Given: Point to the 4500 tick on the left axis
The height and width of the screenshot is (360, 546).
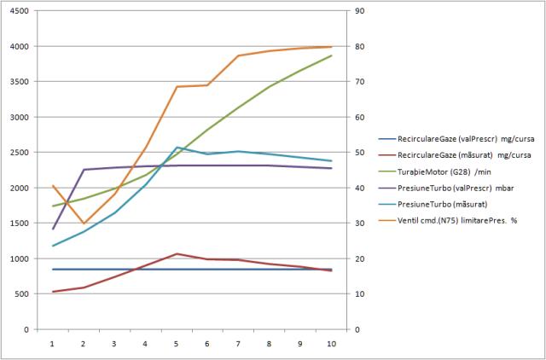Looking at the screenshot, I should tap(18, 11).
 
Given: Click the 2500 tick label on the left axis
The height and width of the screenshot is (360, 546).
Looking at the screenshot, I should tap(18, 153).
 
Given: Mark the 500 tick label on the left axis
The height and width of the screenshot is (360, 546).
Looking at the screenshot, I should tap(20, 293).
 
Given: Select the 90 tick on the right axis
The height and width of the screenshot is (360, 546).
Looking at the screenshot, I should tap(361, 11).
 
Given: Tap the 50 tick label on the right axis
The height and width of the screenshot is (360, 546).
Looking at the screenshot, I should tap(361, 153).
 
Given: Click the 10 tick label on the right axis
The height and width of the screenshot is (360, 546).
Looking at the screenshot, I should tap(361, 293).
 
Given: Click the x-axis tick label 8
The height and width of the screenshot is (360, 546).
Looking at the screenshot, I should tap(270, 344).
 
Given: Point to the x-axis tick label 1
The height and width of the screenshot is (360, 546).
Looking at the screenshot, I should tap(52, 344).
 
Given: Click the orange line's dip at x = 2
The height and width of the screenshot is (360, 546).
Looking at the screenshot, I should tap(84, 224).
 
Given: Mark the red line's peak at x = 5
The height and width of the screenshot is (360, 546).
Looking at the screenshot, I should tap(177, 253).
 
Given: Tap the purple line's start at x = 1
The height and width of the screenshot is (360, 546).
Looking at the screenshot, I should tap(52, 229).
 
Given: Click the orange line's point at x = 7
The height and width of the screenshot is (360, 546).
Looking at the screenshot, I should tap(239, 55).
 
